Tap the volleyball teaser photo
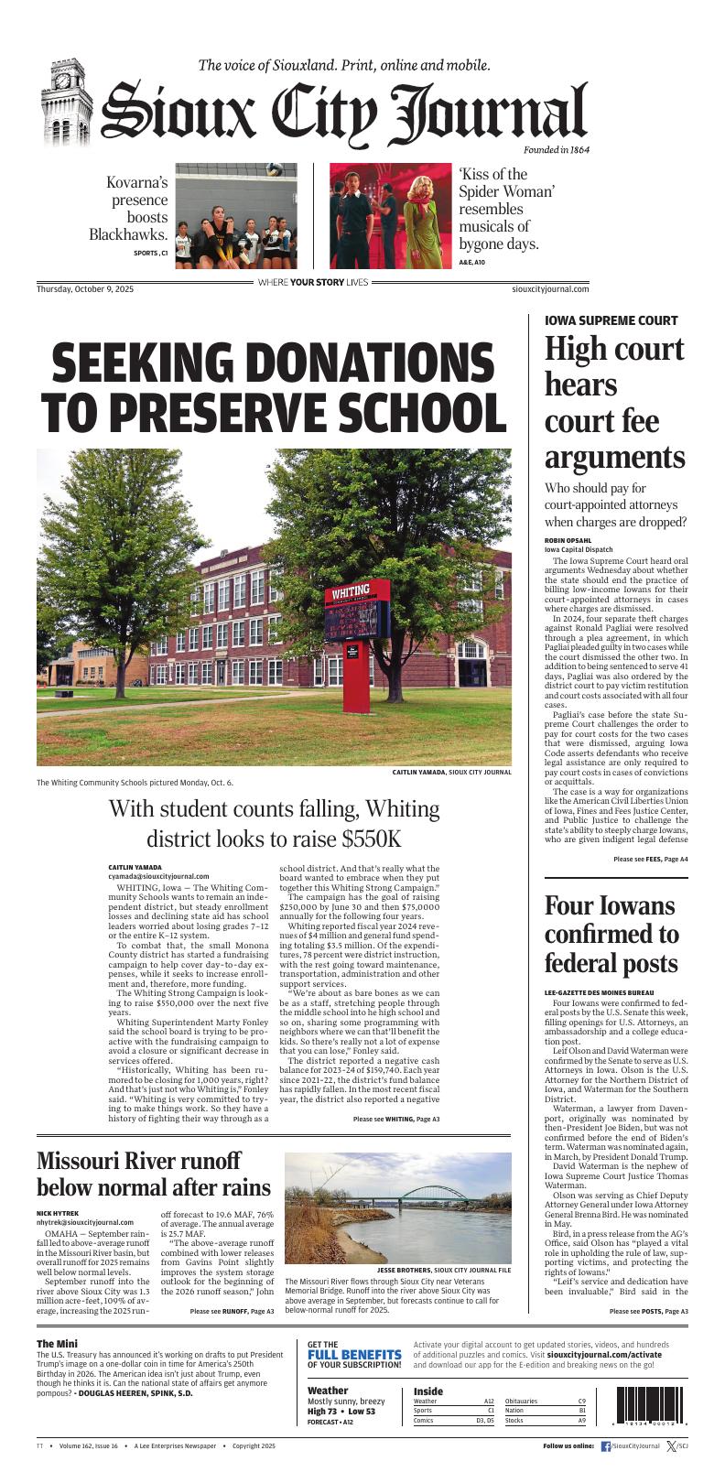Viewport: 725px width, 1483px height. click(236, 210)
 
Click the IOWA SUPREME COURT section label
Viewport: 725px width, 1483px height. click(611, 320)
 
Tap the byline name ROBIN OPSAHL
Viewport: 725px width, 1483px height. click(568, 541)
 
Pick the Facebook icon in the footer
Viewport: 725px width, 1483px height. click(605, 1446)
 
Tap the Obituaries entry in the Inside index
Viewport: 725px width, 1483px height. click(522, 1401)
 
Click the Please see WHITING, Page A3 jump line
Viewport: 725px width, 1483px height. click(395, 1119)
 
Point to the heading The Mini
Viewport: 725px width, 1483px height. click(56, 1343)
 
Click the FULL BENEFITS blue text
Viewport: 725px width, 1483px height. click(353, 1354)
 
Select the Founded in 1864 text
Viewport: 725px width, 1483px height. click(556, 148)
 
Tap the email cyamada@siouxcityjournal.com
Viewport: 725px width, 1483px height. click(158, 876)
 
